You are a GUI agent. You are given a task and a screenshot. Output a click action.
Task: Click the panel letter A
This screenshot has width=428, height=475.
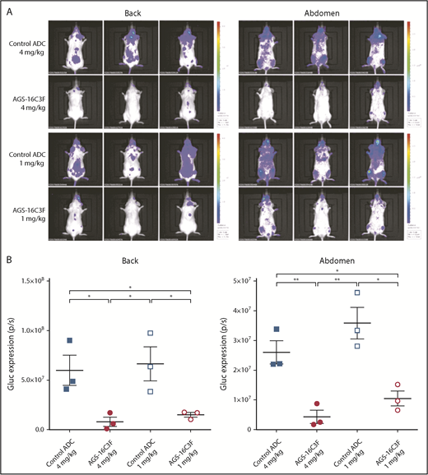(x=6, y=7)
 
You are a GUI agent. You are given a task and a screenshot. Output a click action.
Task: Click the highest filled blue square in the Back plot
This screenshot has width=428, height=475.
(x=72, y=340)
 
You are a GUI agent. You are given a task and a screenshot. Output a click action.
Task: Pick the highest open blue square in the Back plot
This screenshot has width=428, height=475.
(x=151, y=334)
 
